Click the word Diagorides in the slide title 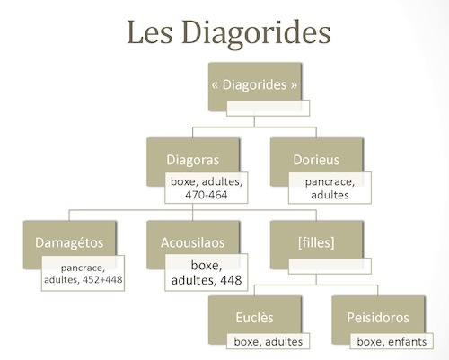point(256,33)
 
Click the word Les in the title point(150,32)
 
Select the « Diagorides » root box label point(254,84)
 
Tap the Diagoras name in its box point(193,160)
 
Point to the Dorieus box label point(316,160)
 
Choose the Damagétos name point(69,242)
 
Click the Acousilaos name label point(193,242)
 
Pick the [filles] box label point(316,242)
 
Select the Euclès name point(254,318)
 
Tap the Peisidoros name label point(378,318)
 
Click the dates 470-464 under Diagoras point(207,195)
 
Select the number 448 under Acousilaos point(231,280)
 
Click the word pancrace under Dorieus point(330,182)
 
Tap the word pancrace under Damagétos point(83,268)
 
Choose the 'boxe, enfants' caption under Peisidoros point(392,342)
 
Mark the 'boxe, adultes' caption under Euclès point(269,342)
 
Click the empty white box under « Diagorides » point(268,108)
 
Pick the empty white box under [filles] point(330,266)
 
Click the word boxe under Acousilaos point(207,266)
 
